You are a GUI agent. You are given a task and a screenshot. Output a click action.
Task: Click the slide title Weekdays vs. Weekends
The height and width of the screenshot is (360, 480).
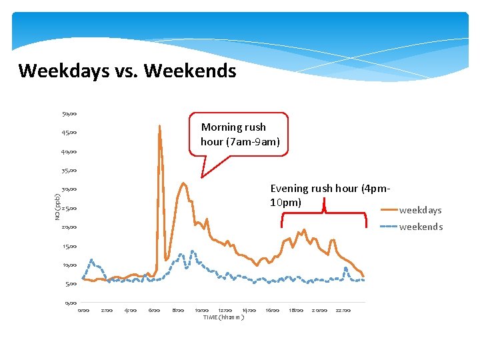pyautogui.click(x=127, y=71)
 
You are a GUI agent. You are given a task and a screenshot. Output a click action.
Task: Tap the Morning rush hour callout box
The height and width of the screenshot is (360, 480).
pyautogui.click(x=240, y=134)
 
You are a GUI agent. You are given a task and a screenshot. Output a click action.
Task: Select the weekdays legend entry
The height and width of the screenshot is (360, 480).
pyautogui.click(x=420, y=210)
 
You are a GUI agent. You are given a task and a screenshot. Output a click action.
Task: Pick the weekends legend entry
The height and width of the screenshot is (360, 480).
pyautogui.click(x=420, y=227)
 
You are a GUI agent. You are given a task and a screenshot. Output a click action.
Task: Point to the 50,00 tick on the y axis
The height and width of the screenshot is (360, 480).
pyautogui.click(x=69, y=113)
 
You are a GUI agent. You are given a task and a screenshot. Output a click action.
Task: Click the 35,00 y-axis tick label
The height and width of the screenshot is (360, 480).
pyautogui.click(x=69, y=170)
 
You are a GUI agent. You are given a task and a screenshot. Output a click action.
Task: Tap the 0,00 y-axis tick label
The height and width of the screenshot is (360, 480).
pyautogui.click(x=71, y=303)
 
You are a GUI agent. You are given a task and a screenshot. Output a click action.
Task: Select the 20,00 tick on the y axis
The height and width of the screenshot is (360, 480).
pyautogui.click(x=69, y=227)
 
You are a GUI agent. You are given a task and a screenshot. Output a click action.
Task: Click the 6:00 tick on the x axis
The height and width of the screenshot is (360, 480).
pyautogui.click(x=154, y=310)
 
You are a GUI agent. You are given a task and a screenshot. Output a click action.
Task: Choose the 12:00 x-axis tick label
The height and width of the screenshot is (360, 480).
pyautogui.click(x=225, y=310)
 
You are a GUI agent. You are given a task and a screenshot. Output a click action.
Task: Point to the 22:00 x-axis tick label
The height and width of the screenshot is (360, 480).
pyautogui.click(x=343, y=310)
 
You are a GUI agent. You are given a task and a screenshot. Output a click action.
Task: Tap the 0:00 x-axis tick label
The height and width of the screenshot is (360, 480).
pyautogui.click(x=83, y=310)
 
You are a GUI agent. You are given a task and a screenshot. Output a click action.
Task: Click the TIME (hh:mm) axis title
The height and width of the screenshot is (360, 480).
pyautogui.click(x=223, y=317)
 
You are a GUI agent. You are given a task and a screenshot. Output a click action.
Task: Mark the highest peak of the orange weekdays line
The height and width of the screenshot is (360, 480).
pyautogui.click(x=159, y=126)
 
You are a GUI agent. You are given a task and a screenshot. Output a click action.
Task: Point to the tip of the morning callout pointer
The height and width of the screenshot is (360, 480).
pyautogui.click(x=201, y=178)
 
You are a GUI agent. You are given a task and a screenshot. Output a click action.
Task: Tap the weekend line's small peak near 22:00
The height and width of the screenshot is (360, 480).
pyautogui.click(x=345, y=268)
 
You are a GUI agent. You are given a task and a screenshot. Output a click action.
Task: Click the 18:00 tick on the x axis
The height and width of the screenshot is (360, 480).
pyautogui.click(x=296, y=310)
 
